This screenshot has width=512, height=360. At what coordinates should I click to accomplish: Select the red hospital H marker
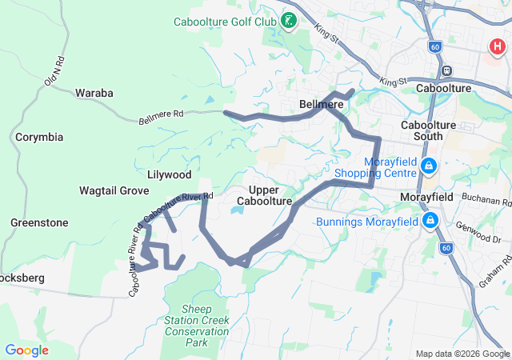pos(497,47)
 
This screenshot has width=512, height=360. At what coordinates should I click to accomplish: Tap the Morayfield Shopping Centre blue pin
pos(429,166)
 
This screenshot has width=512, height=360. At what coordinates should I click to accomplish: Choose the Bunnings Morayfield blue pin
pos(430,220)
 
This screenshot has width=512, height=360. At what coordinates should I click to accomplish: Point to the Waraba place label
pos(94,93)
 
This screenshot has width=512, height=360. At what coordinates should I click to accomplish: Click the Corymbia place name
pos(39,137)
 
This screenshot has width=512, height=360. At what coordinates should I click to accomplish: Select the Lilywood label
pos(170,174)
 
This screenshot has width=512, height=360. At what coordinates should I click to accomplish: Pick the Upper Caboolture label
pos(264,195)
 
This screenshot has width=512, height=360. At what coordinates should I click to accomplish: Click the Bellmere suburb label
pos(322,105)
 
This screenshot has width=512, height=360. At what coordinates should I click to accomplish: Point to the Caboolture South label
pos(433,131)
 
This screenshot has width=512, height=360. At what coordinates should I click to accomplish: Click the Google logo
pos(26,350)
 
